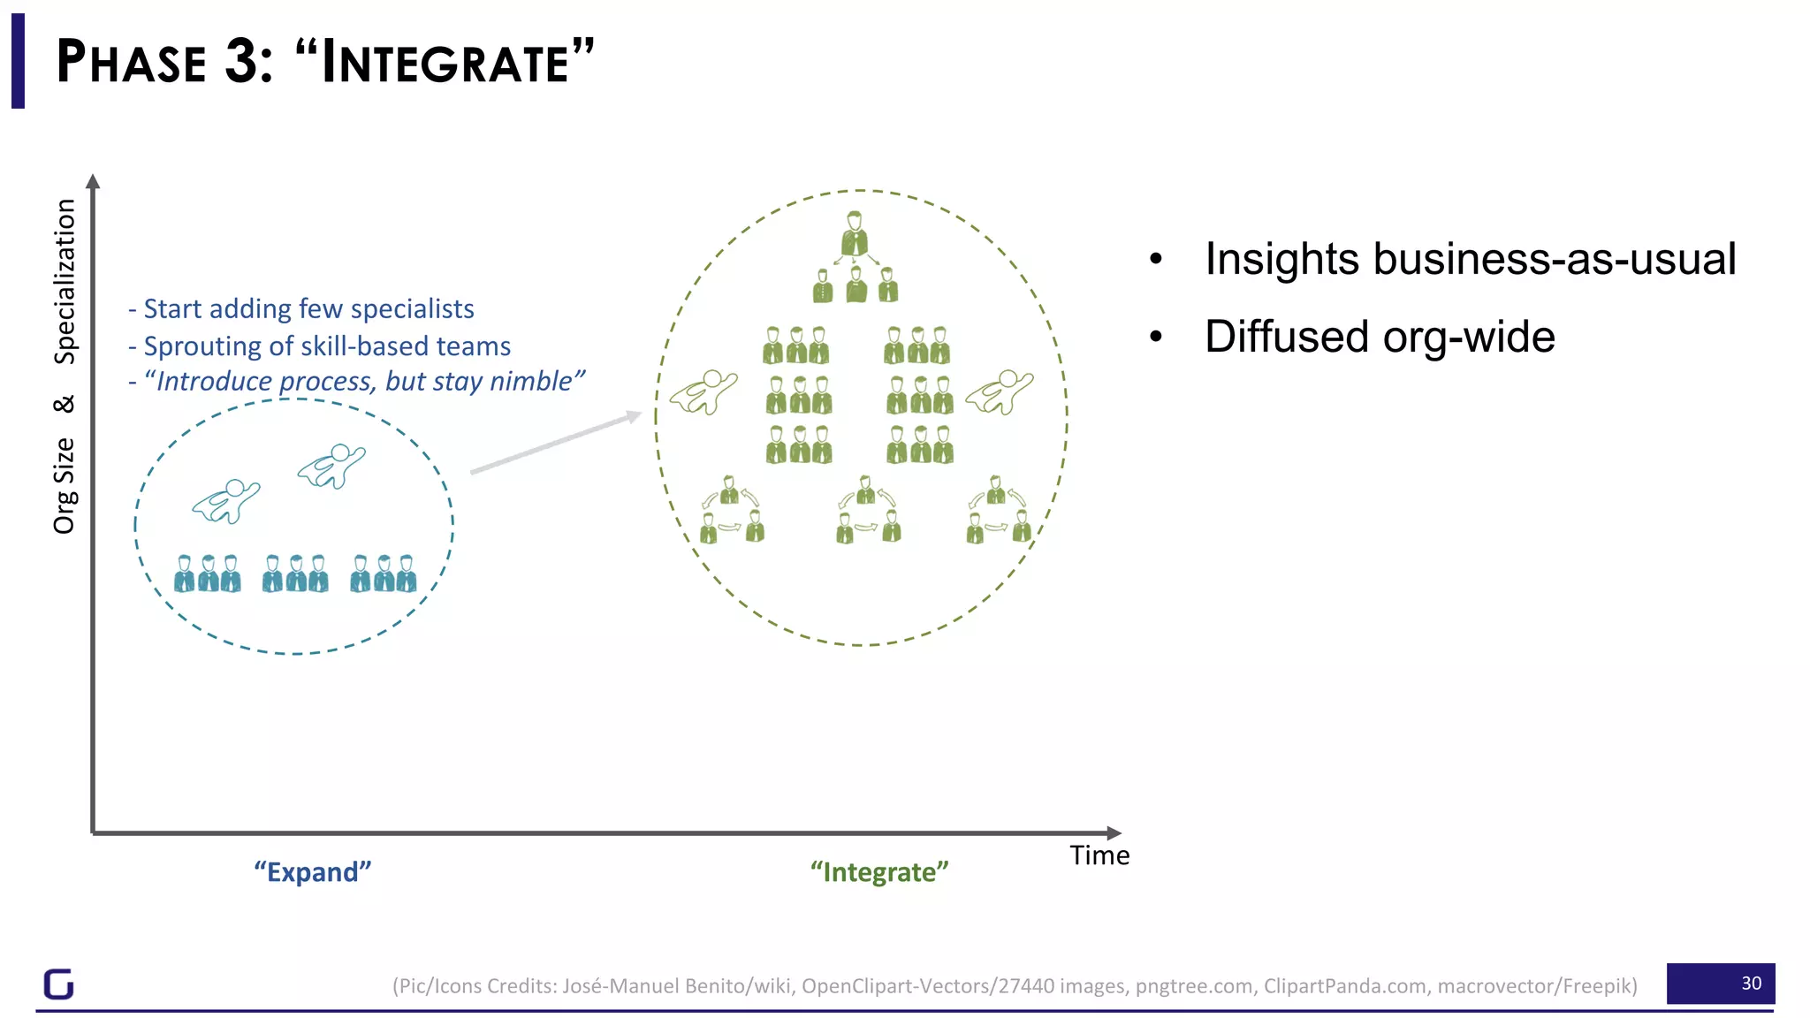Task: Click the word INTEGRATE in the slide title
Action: coord(445,63)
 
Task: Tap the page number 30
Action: coord(1751,984)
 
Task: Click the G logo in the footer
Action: coord(59,984)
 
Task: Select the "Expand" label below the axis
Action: coord(313,872)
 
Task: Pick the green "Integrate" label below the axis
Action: coord(879,872)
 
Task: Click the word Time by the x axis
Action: coord(1099,855)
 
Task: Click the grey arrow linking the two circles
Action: coord(555,443)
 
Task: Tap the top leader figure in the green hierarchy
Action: coord(854,233)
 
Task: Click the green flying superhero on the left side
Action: coord(703,392)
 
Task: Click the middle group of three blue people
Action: coord(295,574)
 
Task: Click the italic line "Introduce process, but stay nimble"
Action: coord(363,381)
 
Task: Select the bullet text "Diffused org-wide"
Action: coord(1379,337)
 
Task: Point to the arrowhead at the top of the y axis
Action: coord(93,181)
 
